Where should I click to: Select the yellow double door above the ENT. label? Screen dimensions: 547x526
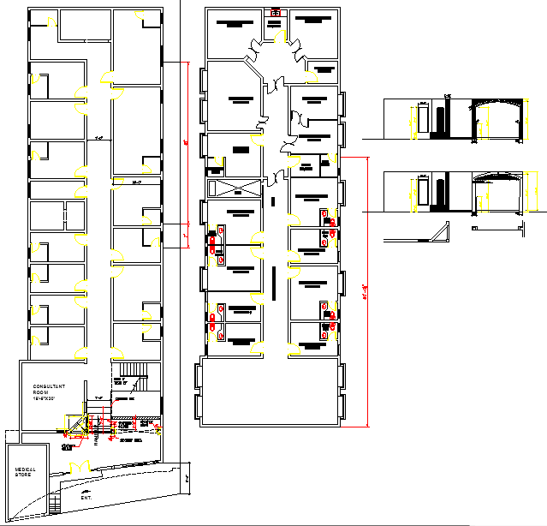click(x=80, y=466)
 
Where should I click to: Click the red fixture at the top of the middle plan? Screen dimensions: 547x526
click(x=275, y=13)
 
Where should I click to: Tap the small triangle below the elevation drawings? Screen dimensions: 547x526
click(x=442, y=232)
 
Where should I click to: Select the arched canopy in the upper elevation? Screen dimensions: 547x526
click(x=497, y=105)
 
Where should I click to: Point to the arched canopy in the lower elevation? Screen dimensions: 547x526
click(x=497, y=177)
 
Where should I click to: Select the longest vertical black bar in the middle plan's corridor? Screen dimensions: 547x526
click(x=274, y=282)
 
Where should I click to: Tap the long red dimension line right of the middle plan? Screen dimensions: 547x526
click(x=368, y=291)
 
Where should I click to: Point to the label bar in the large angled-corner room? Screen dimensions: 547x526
click(x=233, y=99)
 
